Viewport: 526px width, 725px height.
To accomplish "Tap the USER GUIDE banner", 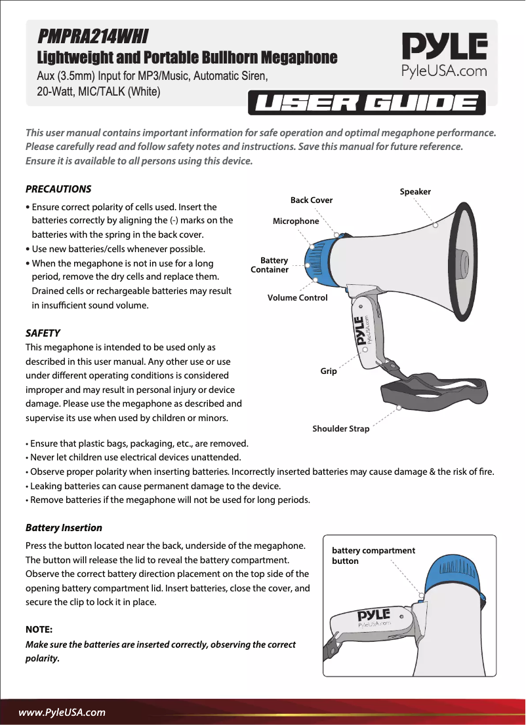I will pos(366,103).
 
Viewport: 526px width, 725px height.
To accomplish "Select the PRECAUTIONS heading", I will pos(58,189).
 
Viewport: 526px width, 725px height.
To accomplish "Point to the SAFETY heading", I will pos(43,333).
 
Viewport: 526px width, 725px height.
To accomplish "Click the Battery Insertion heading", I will pos(64,527).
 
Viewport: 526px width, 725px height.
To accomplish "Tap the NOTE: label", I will pos(39,629).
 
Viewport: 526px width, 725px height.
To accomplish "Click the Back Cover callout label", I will pos(312,200).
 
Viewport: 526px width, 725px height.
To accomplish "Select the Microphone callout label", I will pos(296,221).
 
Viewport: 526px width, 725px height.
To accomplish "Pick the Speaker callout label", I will pos(415,192).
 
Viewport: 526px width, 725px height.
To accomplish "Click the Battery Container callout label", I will pos(270,265).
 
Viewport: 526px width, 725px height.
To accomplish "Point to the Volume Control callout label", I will pos(297,298).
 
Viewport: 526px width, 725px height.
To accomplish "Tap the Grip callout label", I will pos(329,371).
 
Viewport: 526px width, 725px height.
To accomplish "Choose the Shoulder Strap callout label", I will pos(341,429).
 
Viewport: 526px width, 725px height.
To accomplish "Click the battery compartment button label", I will pos(373,555).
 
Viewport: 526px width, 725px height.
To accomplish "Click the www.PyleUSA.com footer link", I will pos(62,712).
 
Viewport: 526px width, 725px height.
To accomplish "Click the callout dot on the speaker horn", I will pos(435,224).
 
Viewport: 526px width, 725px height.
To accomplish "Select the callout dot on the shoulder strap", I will pos(399,407).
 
